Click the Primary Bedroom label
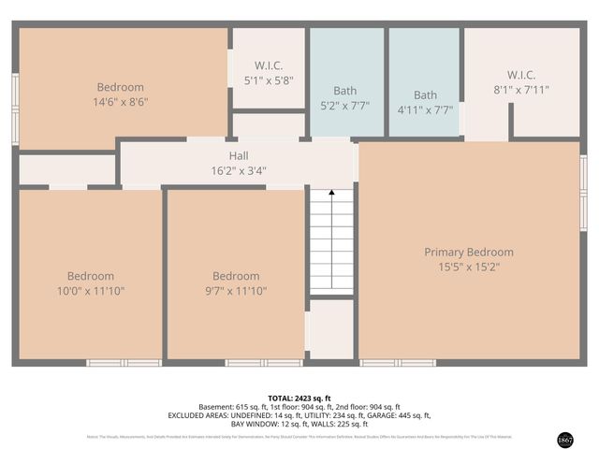tap(469, 252)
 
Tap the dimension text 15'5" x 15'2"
tap(469, 267)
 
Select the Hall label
tap(239, 156)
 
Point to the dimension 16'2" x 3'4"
tap(239, 170)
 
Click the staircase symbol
tap(331, 240)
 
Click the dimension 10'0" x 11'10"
tap(91, 291)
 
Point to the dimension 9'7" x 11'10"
tap(236, 291)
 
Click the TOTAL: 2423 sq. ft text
tap(299, 398)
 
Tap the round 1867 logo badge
tap(564, 439)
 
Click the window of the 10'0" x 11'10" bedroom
tap(124, 362)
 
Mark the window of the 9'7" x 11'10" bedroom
tap(263, 362)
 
